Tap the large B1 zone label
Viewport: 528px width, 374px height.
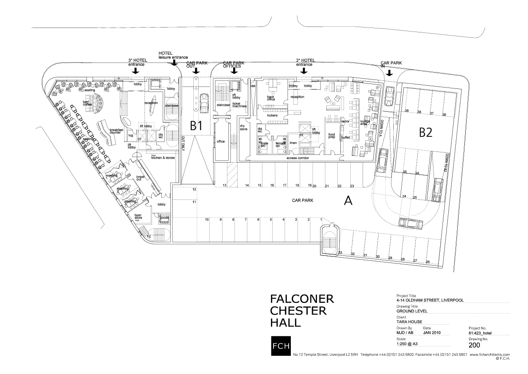tap(196, 126)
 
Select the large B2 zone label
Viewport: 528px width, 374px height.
tap(426, 133)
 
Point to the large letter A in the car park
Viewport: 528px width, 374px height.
tap(348, 201)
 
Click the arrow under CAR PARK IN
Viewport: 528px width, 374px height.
tap(389, 73)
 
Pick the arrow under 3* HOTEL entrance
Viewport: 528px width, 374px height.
tap(136, 71)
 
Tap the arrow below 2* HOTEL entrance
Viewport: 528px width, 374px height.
tap(304, 70)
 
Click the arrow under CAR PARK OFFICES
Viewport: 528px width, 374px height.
tap(235, 70)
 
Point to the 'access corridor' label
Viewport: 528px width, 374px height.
tap(297, 158)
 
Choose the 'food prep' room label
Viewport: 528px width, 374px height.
tap(331, 136)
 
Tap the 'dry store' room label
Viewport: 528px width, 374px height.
tap(243, 128)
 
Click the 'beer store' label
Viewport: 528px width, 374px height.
tap(138, 217)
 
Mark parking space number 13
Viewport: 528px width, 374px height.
tap(225, 185)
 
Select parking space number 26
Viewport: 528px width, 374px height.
tap(427, 262)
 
